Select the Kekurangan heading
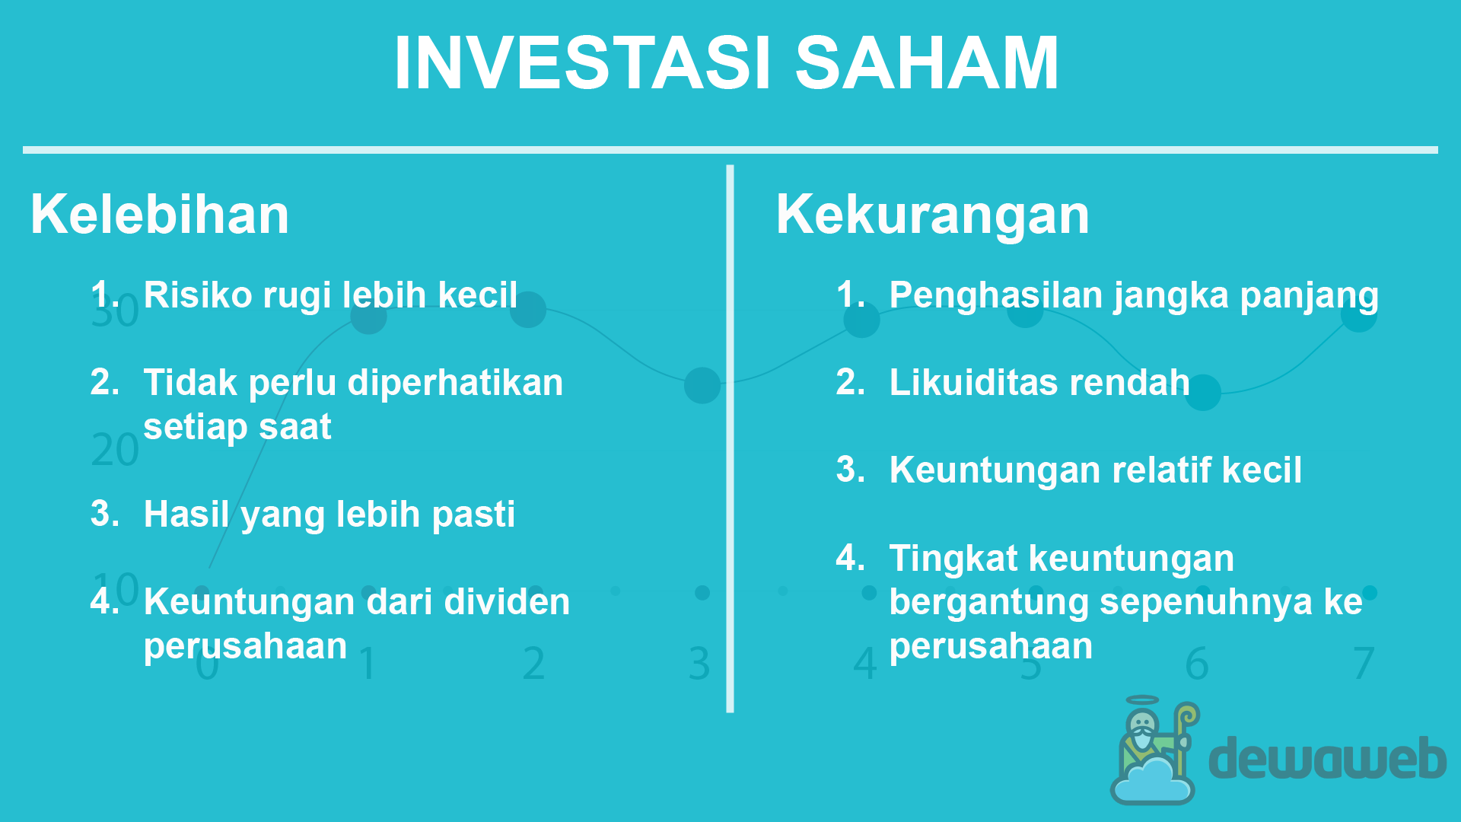coord(933,215)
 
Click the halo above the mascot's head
coord(1142,700)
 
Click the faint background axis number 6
coord(1197,664)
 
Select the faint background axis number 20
coord(115,450)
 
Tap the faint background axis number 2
coord(534,664)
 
